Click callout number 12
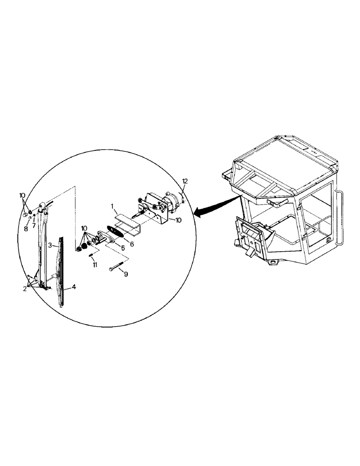coord(185,181)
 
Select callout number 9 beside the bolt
coord(125,274)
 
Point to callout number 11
coord(95,264)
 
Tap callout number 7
coord(34,226)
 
